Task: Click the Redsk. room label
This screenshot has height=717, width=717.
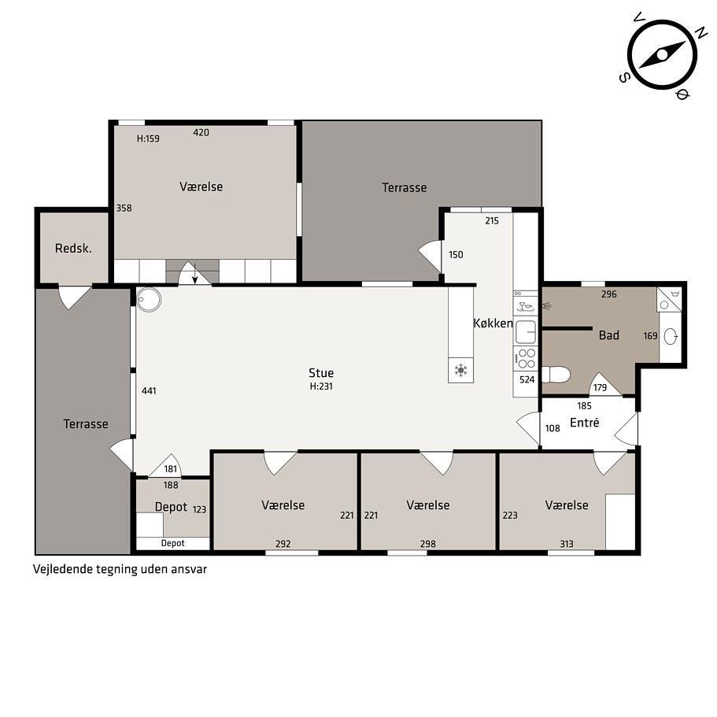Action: (73, 249)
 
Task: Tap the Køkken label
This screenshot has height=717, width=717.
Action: (493, 323)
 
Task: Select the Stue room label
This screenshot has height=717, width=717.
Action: (321, 373)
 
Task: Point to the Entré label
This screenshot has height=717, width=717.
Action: (585, 423)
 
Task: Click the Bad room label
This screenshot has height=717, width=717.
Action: (608, 335)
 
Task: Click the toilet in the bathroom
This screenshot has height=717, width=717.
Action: (556, 374)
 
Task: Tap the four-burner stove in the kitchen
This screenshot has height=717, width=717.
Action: (526, 359)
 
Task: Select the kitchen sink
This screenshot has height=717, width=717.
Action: (526, 331)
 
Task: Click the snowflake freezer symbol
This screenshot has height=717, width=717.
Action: (460, 370)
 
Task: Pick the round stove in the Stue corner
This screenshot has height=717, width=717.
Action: (149, 300)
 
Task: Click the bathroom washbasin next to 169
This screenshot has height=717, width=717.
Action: (671, 337)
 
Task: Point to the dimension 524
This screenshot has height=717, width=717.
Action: (527, 379)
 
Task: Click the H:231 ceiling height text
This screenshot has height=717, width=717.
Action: (321, 386)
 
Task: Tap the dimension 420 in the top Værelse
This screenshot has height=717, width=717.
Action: (201, 132)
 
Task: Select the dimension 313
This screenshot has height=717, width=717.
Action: (567, 544)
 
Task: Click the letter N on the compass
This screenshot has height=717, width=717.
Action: (699, 32)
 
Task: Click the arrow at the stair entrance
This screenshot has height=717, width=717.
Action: (195, 273)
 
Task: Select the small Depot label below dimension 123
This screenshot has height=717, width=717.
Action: (173, 543)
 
